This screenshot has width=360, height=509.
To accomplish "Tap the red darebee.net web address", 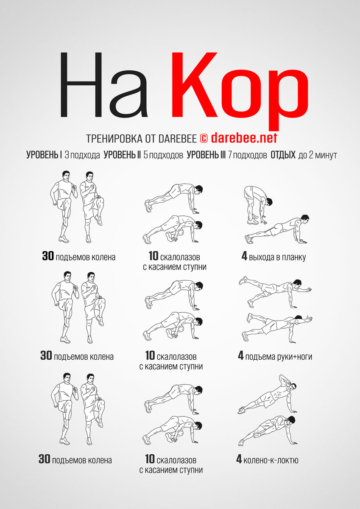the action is pos(244,138).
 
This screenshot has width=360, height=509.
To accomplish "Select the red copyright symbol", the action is pos(204,138).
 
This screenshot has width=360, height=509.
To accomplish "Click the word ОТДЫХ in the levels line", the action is pos(283,155).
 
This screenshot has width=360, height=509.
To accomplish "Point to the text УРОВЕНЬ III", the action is pos(206,155).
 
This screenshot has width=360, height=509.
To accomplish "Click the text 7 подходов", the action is pos(247,155).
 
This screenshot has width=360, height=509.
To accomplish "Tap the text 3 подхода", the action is pos(82,155).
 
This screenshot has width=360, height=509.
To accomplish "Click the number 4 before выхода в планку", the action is pos(244,256).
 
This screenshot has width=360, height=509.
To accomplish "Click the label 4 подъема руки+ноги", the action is pos(275,356).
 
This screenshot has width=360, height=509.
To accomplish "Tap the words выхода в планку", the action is pos(277,257).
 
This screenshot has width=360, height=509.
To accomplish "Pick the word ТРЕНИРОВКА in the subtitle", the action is pos(114,138).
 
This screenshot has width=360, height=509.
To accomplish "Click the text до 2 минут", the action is pos(318,155).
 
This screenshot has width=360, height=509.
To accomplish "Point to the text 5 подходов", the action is pos(163,155).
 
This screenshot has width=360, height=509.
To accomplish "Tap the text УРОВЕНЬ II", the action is pos(122,155).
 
